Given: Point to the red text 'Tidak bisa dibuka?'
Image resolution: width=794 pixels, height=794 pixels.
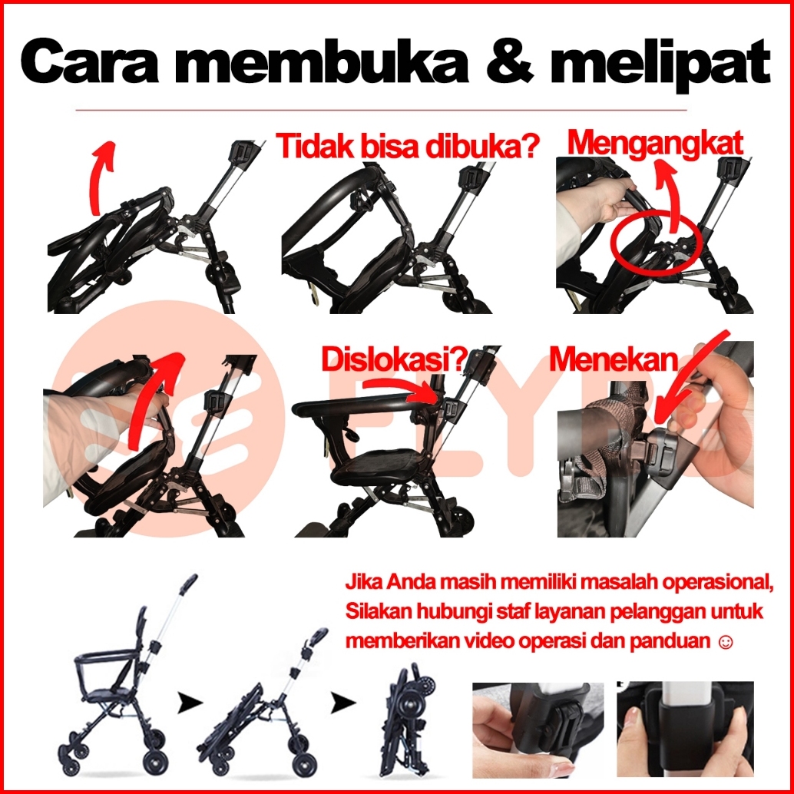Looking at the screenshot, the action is [x=407, y=147].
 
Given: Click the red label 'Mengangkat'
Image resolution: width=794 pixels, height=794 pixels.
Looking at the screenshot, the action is [x=655, y=144].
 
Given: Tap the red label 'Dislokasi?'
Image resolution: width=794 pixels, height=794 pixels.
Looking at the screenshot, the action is [x=394, y=359].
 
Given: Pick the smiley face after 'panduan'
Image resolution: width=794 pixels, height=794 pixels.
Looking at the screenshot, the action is [x=726, y=642].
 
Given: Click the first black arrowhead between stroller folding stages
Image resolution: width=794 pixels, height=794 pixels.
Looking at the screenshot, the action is [x=190, y=703].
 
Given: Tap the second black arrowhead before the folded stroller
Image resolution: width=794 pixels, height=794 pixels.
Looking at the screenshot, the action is [x=343, y=703].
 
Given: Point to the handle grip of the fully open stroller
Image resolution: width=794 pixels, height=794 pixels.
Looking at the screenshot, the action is [x=188, y=584].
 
